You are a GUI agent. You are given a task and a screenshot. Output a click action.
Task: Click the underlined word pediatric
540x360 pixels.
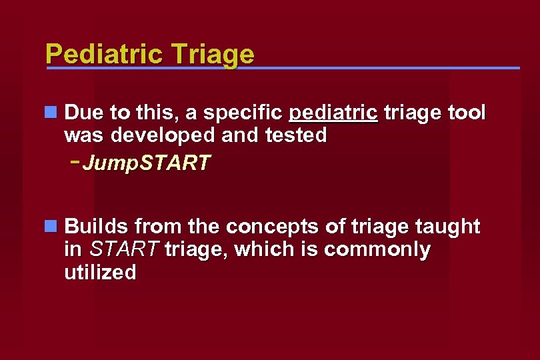coord(333,113)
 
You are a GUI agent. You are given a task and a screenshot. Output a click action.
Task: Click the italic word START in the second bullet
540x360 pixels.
coord(124,250)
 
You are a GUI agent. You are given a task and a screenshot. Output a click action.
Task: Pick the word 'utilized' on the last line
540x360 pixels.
coord(100,273)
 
